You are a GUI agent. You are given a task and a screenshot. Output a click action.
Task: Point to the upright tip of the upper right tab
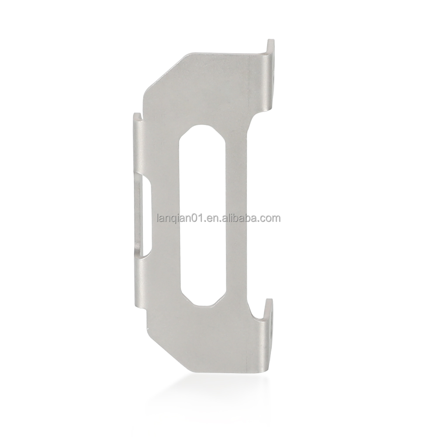click(x=270, y=45)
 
